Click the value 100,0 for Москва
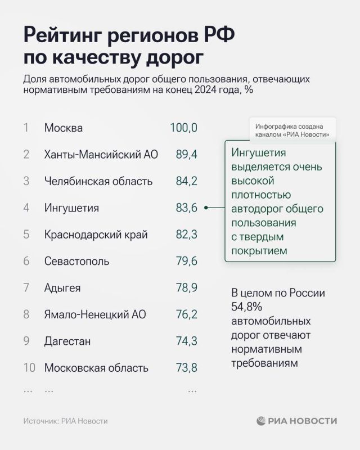point(183,128)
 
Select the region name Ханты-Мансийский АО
point(101,155)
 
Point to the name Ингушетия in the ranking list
point(71,208)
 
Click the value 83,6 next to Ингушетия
point(186,208)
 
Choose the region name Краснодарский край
point(96,235)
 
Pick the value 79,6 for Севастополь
point(186,261)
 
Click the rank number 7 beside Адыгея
point(26,288)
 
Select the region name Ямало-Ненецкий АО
point(94,314)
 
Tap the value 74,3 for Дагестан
point(186,341)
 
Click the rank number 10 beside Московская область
point(29,368)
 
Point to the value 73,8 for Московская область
point(186,368)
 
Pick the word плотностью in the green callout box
point(261,195)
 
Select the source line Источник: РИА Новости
point(65,421)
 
